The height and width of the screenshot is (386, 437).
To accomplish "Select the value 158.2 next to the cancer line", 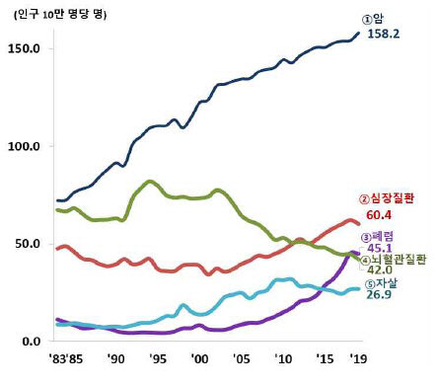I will tap(384, 35).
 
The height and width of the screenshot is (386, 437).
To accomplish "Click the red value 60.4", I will tap(379, 215).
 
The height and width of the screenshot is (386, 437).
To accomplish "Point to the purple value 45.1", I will tap(379, 252).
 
